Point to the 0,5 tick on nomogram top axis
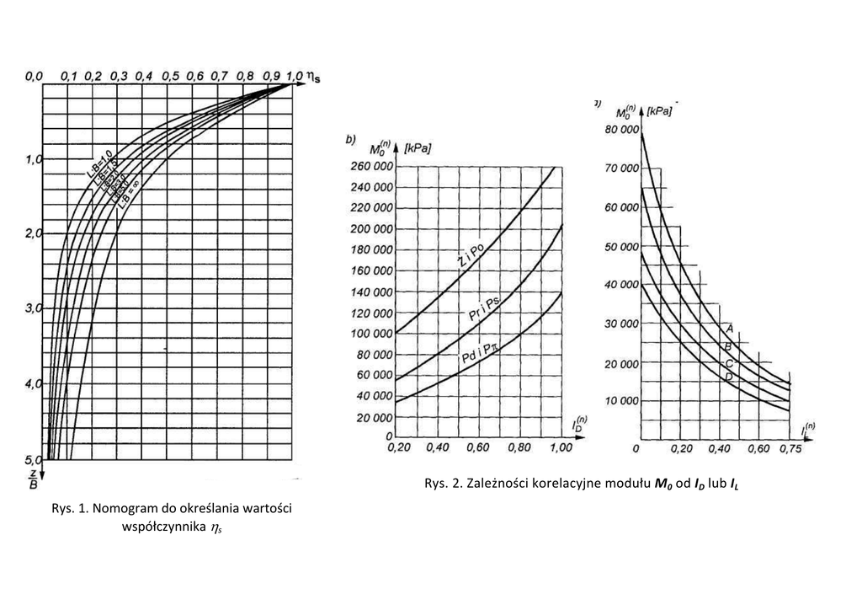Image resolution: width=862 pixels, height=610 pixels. [x=170, y=77]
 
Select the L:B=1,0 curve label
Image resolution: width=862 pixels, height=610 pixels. [x=98, y=161]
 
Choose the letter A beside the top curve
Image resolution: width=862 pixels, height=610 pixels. [x=729, y=328]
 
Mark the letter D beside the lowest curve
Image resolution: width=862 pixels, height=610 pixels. [x=728, y=377]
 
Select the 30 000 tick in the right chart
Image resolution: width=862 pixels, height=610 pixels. [x=621, y=324]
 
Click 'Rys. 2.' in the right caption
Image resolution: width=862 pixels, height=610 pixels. [x=443, y=484]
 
